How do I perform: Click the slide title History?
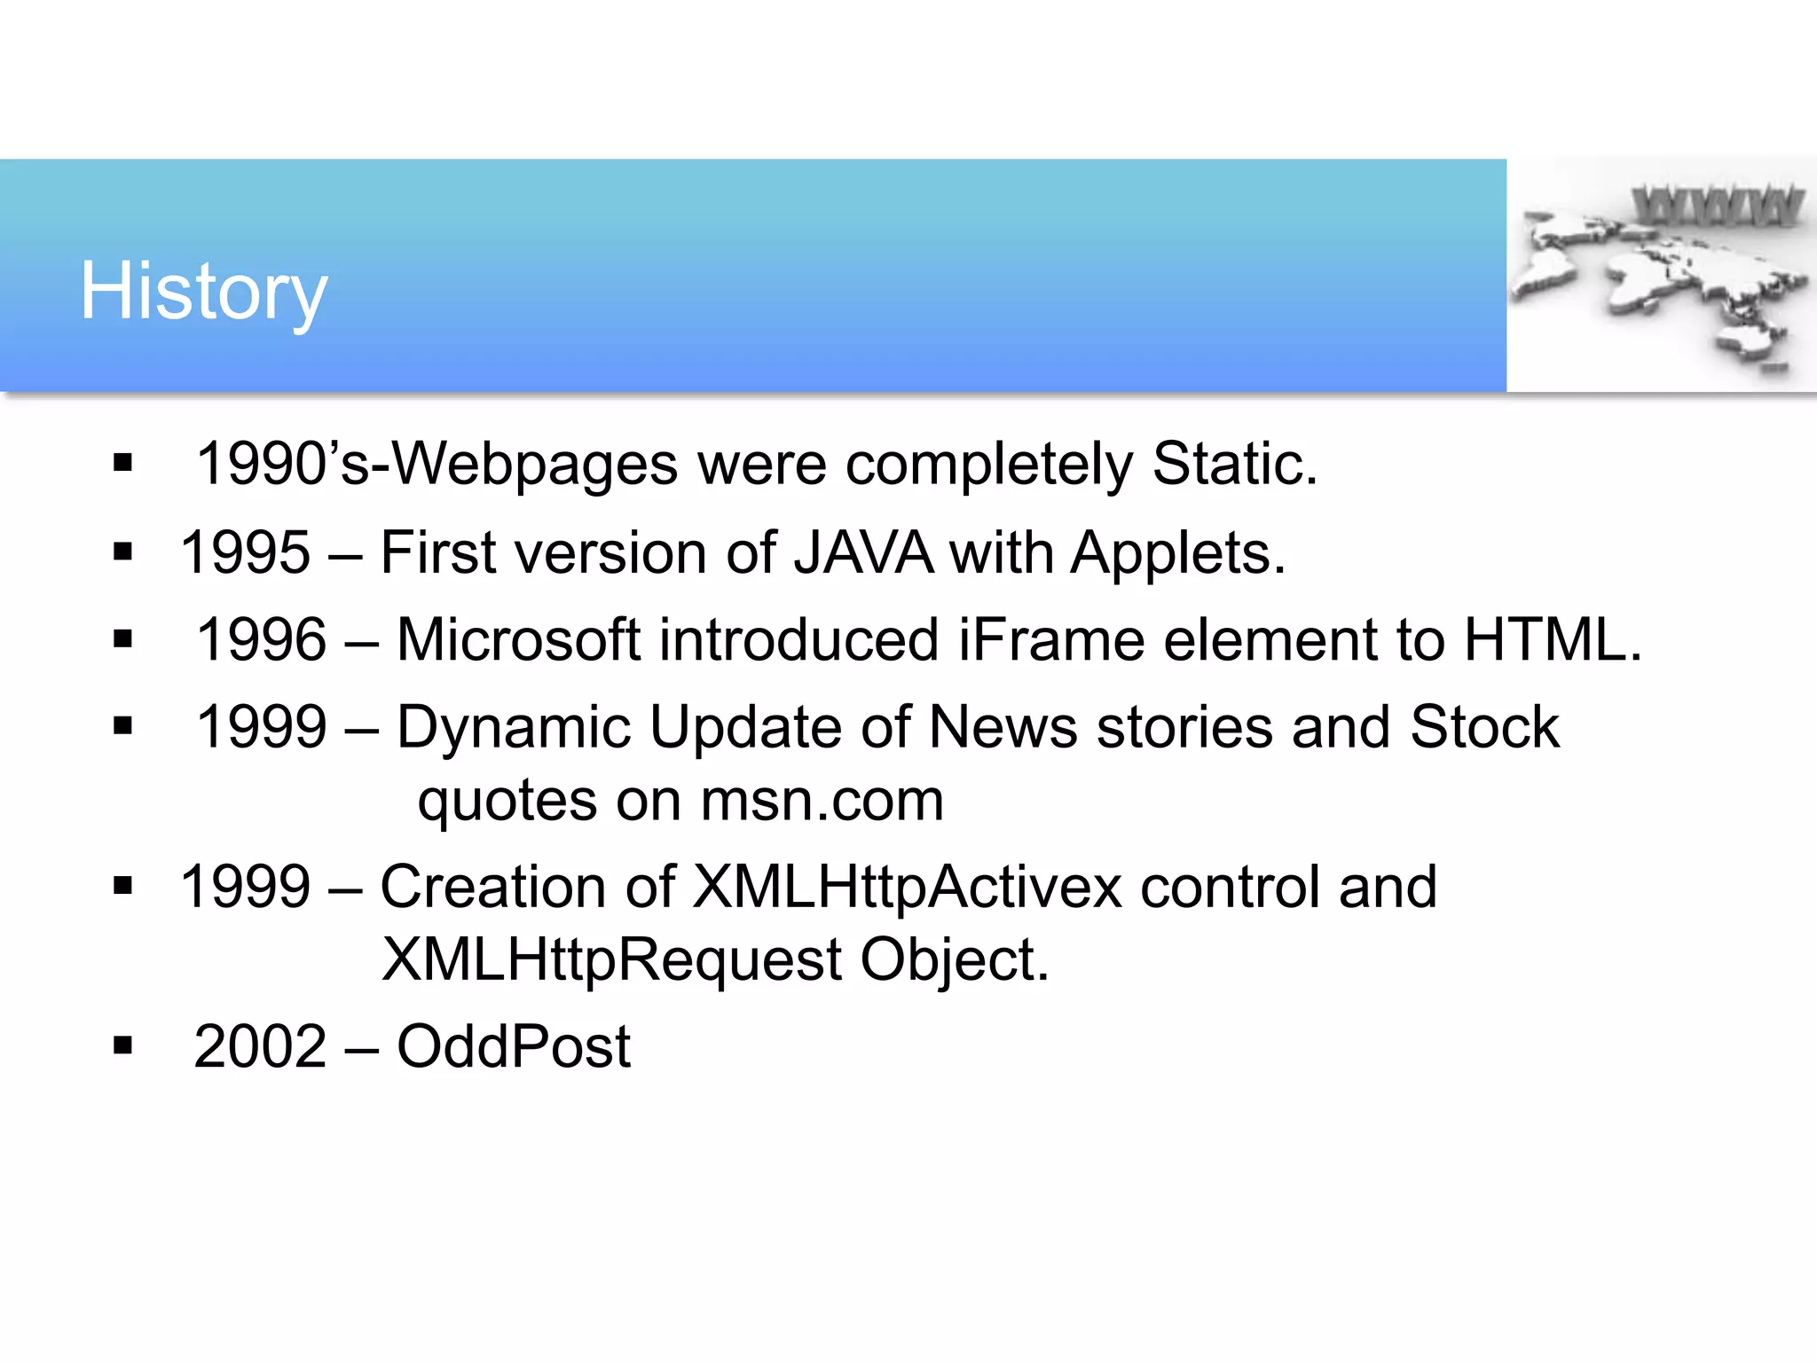[204, 292]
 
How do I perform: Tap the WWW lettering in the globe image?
[1716, 206]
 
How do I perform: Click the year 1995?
[246, 552]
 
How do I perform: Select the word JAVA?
[862, 552]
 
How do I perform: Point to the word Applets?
[1176, 552]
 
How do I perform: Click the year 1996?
[262, 639]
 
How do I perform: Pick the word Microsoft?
[518, 639]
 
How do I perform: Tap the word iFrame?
[1050, 639]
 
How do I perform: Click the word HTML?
[1551, 639]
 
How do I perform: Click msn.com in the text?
[822, 801]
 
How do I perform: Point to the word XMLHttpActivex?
[907, 887]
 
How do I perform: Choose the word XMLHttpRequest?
[611, 959]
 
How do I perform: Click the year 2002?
[261, 1046]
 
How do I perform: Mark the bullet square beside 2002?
[122, 1045]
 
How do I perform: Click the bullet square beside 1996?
[122, 638]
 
